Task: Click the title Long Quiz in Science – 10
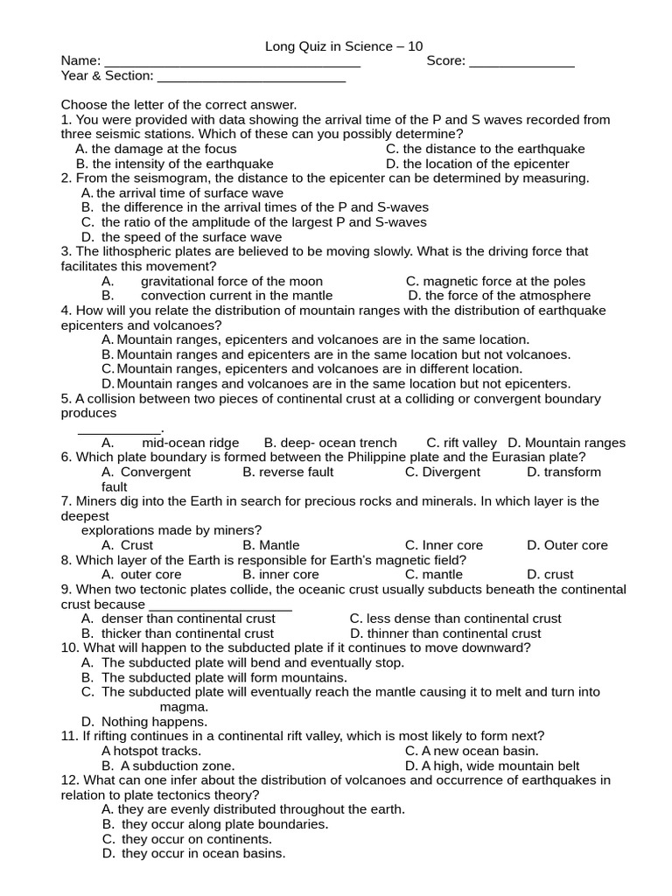coord(337,46)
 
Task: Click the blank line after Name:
coord(232,63)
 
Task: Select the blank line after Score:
coord(522,63)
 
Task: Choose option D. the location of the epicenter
coord(477,164)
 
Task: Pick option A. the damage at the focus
coord(156,149)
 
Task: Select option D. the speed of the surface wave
coord(181,237)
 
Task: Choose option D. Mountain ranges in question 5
coord(566,443)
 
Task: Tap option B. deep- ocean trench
coord(330,443)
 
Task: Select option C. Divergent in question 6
coord(442,472)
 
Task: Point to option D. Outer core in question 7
coord(566,545)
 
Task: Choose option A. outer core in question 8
coord(141,575)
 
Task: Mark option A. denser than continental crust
coord(178,619)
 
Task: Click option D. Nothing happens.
coord(144,722)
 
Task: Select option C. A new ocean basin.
coord(471,751)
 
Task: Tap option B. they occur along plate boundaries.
coord(214,824)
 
